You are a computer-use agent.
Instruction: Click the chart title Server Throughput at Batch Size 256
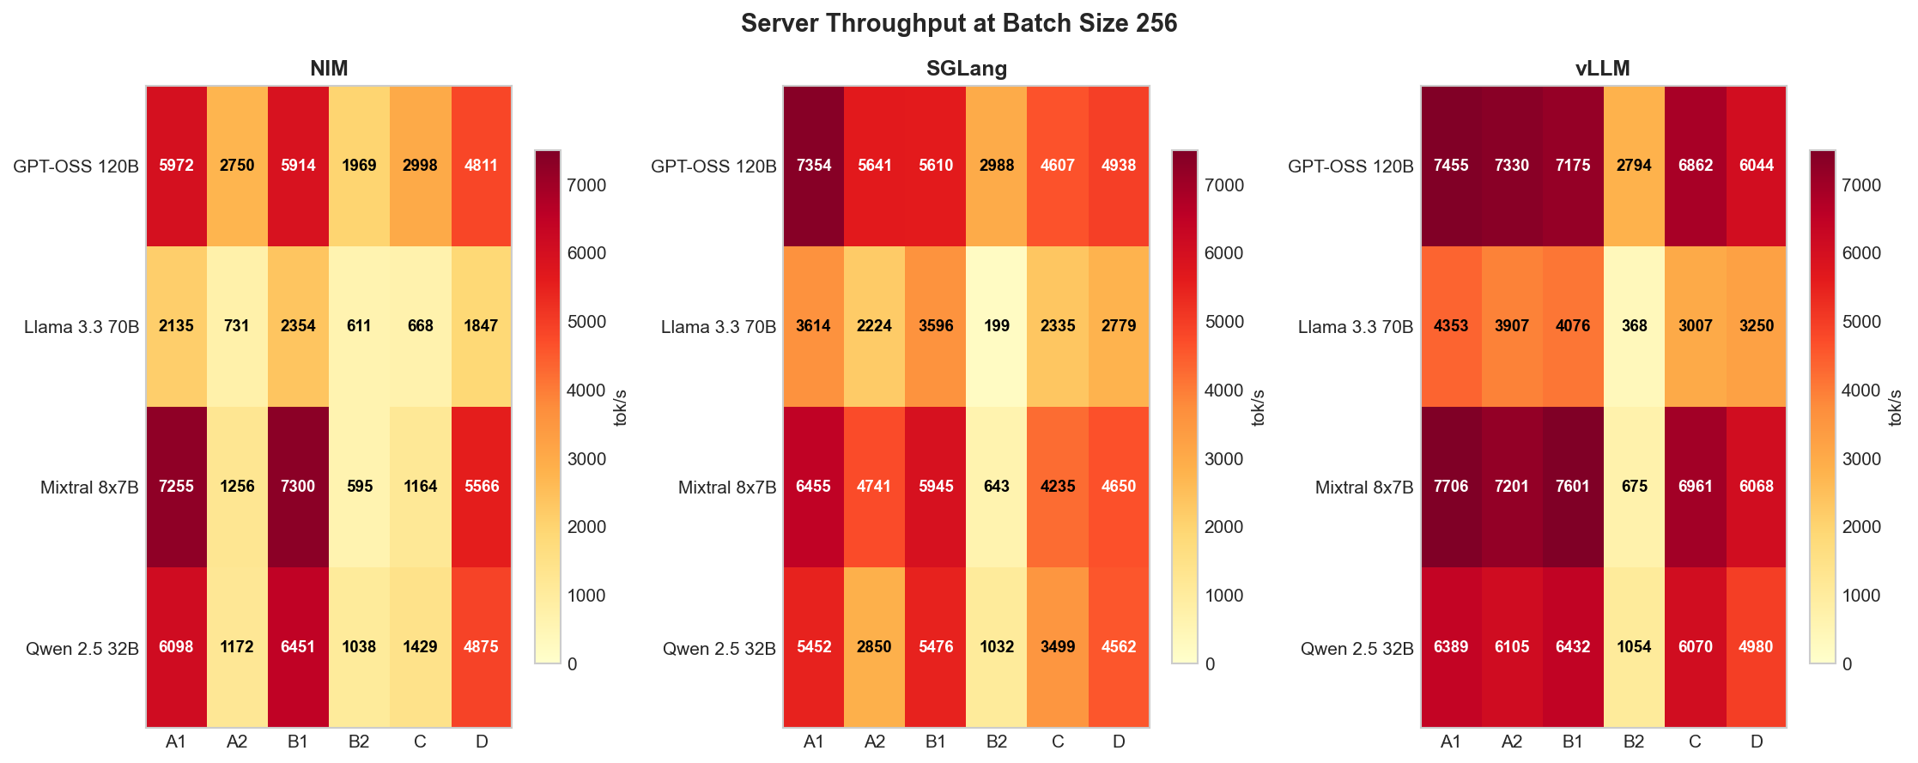pos(958,23)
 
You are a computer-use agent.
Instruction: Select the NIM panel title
pos(329,69)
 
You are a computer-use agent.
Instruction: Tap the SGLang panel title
pos(966,69)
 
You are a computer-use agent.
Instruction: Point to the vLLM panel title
pos(1602,69)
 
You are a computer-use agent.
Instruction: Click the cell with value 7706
pos(1451,487)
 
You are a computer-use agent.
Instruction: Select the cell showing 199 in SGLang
pos(997,326)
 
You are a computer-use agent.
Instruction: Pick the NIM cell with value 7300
pos(298,487)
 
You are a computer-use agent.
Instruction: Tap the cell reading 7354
pos(814,166)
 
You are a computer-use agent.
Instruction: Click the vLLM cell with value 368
pos(1634,326)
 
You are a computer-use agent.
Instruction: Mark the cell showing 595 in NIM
pos(359,487)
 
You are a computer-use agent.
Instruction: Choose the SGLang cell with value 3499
pos(1058,647)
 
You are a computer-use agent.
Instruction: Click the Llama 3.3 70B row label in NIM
pos(82,327)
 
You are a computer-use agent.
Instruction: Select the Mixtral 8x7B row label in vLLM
pos(1363,487)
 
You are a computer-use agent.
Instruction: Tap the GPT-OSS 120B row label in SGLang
pos(713,167)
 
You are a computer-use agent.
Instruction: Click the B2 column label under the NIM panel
pos(359,742)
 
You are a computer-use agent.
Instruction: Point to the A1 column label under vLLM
pos(1451,742)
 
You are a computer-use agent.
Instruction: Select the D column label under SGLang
pos(1119,742)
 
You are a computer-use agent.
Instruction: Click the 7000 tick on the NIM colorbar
pos(587,185)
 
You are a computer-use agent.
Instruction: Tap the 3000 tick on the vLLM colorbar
pos(1862,459)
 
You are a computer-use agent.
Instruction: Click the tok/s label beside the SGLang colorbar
pos(1258,408)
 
